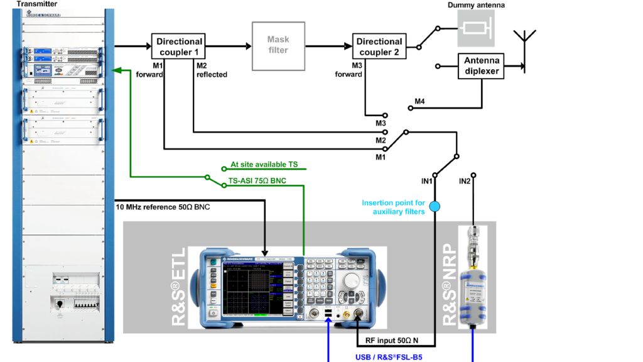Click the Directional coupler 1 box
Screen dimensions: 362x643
pos(179,47)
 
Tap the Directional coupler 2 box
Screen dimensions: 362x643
pos(379,47)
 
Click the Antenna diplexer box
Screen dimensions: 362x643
pos(482,65)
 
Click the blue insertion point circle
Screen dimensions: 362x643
pos(435,206)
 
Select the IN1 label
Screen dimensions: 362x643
pos(428,182)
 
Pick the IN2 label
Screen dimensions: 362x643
pos(465,182)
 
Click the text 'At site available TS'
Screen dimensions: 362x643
pos(264,165)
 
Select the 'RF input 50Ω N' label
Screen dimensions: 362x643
pos(392,342)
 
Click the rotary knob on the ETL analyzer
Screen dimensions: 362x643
pos(352,280)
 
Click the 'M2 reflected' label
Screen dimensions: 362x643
pos(211,70)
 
